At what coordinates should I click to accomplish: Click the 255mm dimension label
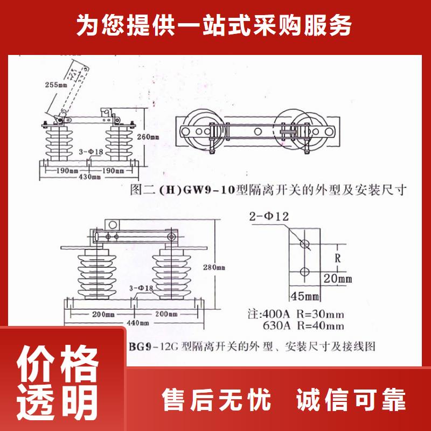pos(54,85)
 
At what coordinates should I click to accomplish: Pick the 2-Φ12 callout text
pos(269,217)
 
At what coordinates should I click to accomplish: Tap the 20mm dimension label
pos(338,279)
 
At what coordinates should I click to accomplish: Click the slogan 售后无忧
pos(217,401)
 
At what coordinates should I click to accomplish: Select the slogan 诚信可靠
pos(351,401)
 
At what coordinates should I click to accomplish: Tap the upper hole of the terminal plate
pos(304,244)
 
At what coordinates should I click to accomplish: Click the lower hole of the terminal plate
pos(304,271)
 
